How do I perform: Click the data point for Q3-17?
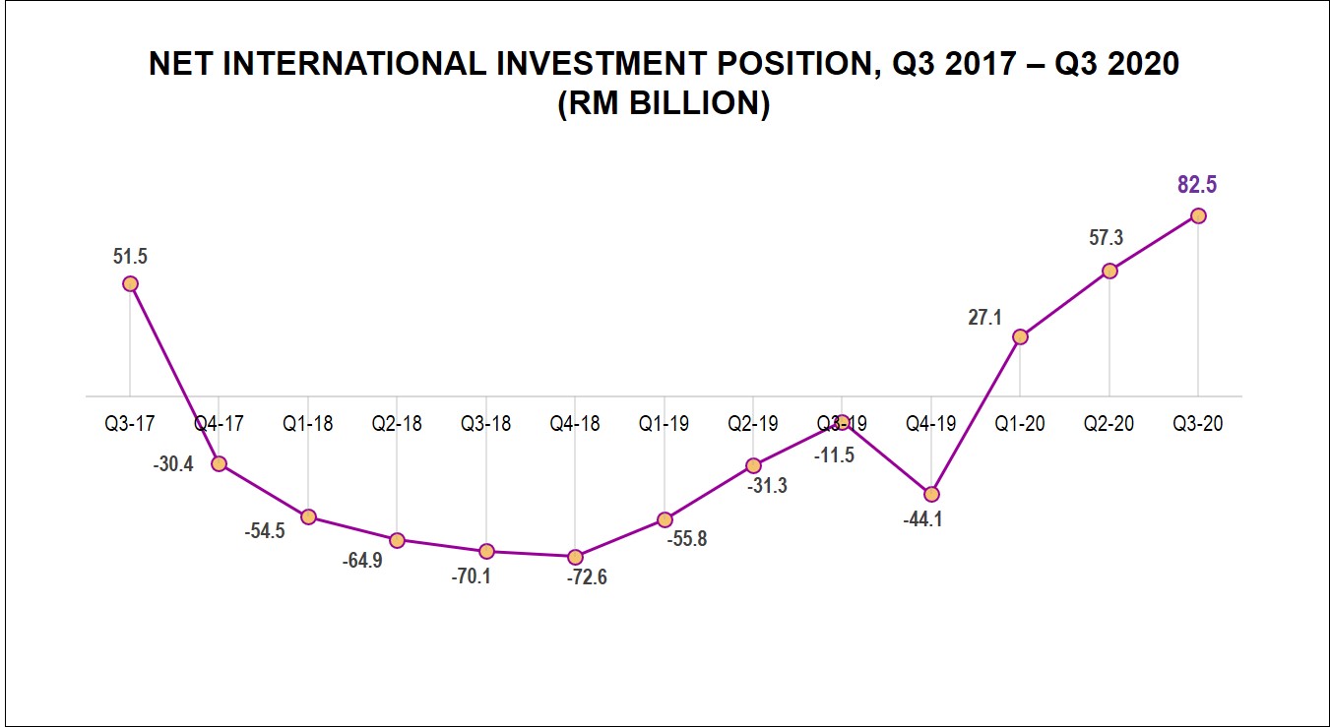point(130,283)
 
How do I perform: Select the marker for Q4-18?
point(576,557)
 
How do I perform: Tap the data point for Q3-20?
point(1198,215)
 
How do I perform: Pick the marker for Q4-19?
point(931,494)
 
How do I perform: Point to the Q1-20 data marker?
point(1020,336)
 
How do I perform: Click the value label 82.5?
point(1197,184)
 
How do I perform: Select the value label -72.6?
point(587,577)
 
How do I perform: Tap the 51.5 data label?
point(129,257)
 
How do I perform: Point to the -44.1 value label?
point(922,519)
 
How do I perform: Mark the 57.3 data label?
point(1106,238)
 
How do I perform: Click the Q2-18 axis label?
point(397,424)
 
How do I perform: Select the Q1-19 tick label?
point(665,424)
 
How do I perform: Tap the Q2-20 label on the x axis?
point(1108,424)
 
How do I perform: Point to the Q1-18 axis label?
point(308,424)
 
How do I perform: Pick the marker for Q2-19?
point(753,465)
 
